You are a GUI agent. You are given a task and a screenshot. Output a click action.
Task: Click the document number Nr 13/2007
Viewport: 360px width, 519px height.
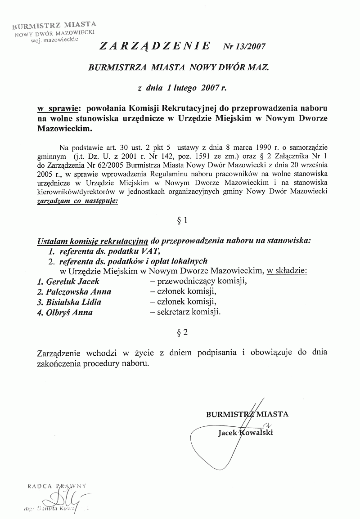point(245,46)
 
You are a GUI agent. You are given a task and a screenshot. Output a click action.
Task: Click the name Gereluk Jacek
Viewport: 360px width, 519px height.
point(68,282)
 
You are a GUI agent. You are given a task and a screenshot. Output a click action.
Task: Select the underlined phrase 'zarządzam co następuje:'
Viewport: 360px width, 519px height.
point(76,202)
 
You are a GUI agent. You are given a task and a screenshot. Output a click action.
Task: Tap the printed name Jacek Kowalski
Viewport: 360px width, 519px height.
point(245,433)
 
